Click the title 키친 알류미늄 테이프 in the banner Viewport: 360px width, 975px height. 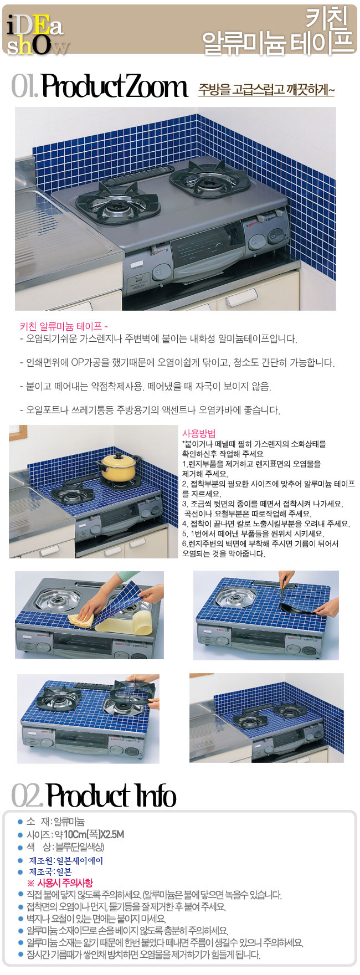click(277, 33)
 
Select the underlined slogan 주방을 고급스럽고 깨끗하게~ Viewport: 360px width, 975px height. click(266, 89)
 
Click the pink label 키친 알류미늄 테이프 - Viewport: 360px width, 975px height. click(64, 326)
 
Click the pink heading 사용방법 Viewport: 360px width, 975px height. click(199, 433)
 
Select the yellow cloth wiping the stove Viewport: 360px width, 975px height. click(83, 616)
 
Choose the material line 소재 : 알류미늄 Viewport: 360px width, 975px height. click(55, 822)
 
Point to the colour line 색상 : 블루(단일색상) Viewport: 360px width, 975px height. click(65, 847)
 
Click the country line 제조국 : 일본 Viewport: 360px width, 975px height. click(50, 871)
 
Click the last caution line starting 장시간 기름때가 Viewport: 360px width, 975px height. click(143, 955)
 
